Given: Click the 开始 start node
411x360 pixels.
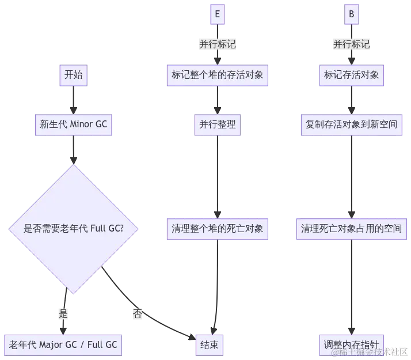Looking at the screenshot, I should coord(73,75).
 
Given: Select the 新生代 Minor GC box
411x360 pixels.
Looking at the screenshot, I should coord(73,124).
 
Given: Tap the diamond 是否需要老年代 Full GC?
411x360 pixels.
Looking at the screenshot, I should coord(73,229).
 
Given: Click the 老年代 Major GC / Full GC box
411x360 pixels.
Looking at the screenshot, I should coord(63,344).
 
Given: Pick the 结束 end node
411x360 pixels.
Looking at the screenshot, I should coord(208,344).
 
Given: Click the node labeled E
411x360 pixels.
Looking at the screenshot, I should coord(217,14).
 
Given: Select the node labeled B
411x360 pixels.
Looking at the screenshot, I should coord(351,14).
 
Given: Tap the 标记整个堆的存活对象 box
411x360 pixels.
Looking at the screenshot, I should coord(217,75).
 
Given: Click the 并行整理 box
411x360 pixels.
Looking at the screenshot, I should coord(217,124).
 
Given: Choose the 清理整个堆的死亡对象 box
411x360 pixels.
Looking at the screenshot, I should coord(217,229).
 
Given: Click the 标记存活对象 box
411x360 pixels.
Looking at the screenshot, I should coord(351,75).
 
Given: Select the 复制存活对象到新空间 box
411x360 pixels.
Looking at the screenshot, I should coord(351,124).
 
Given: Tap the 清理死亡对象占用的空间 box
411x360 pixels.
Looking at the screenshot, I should coord(351,229).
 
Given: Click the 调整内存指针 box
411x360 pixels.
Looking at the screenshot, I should coord(351,344).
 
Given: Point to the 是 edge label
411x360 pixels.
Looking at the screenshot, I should coord(63,314).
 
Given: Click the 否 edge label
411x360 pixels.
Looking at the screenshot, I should coord(137,314).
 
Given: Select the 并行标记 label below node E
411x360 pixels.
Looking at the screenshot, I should coord(217,44).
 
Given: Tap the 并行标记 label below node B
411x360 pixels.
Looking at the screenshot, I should coord(351,44).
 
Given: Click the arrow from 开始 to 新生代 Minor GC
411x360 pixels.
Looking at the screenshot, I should coord(73,100).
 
